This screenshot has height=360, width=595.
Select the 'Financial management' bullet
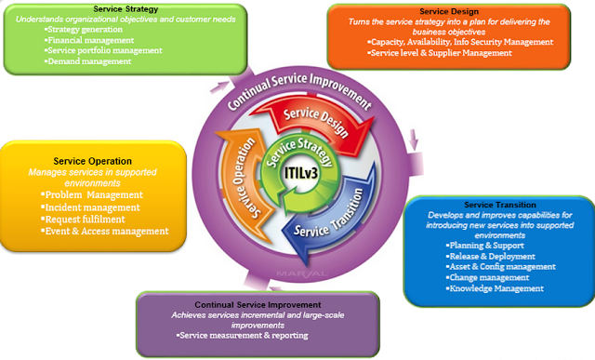coord(91,41)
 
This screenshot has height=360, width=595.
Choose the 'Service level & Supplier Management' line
coord(441,54)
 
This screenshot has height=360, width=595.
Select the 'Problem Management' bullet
coord(93,194)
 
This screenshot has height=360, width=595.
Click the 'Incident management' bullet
coord(93,207)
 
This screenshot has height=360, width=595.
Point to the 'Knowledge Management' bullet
coord(496,288)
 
